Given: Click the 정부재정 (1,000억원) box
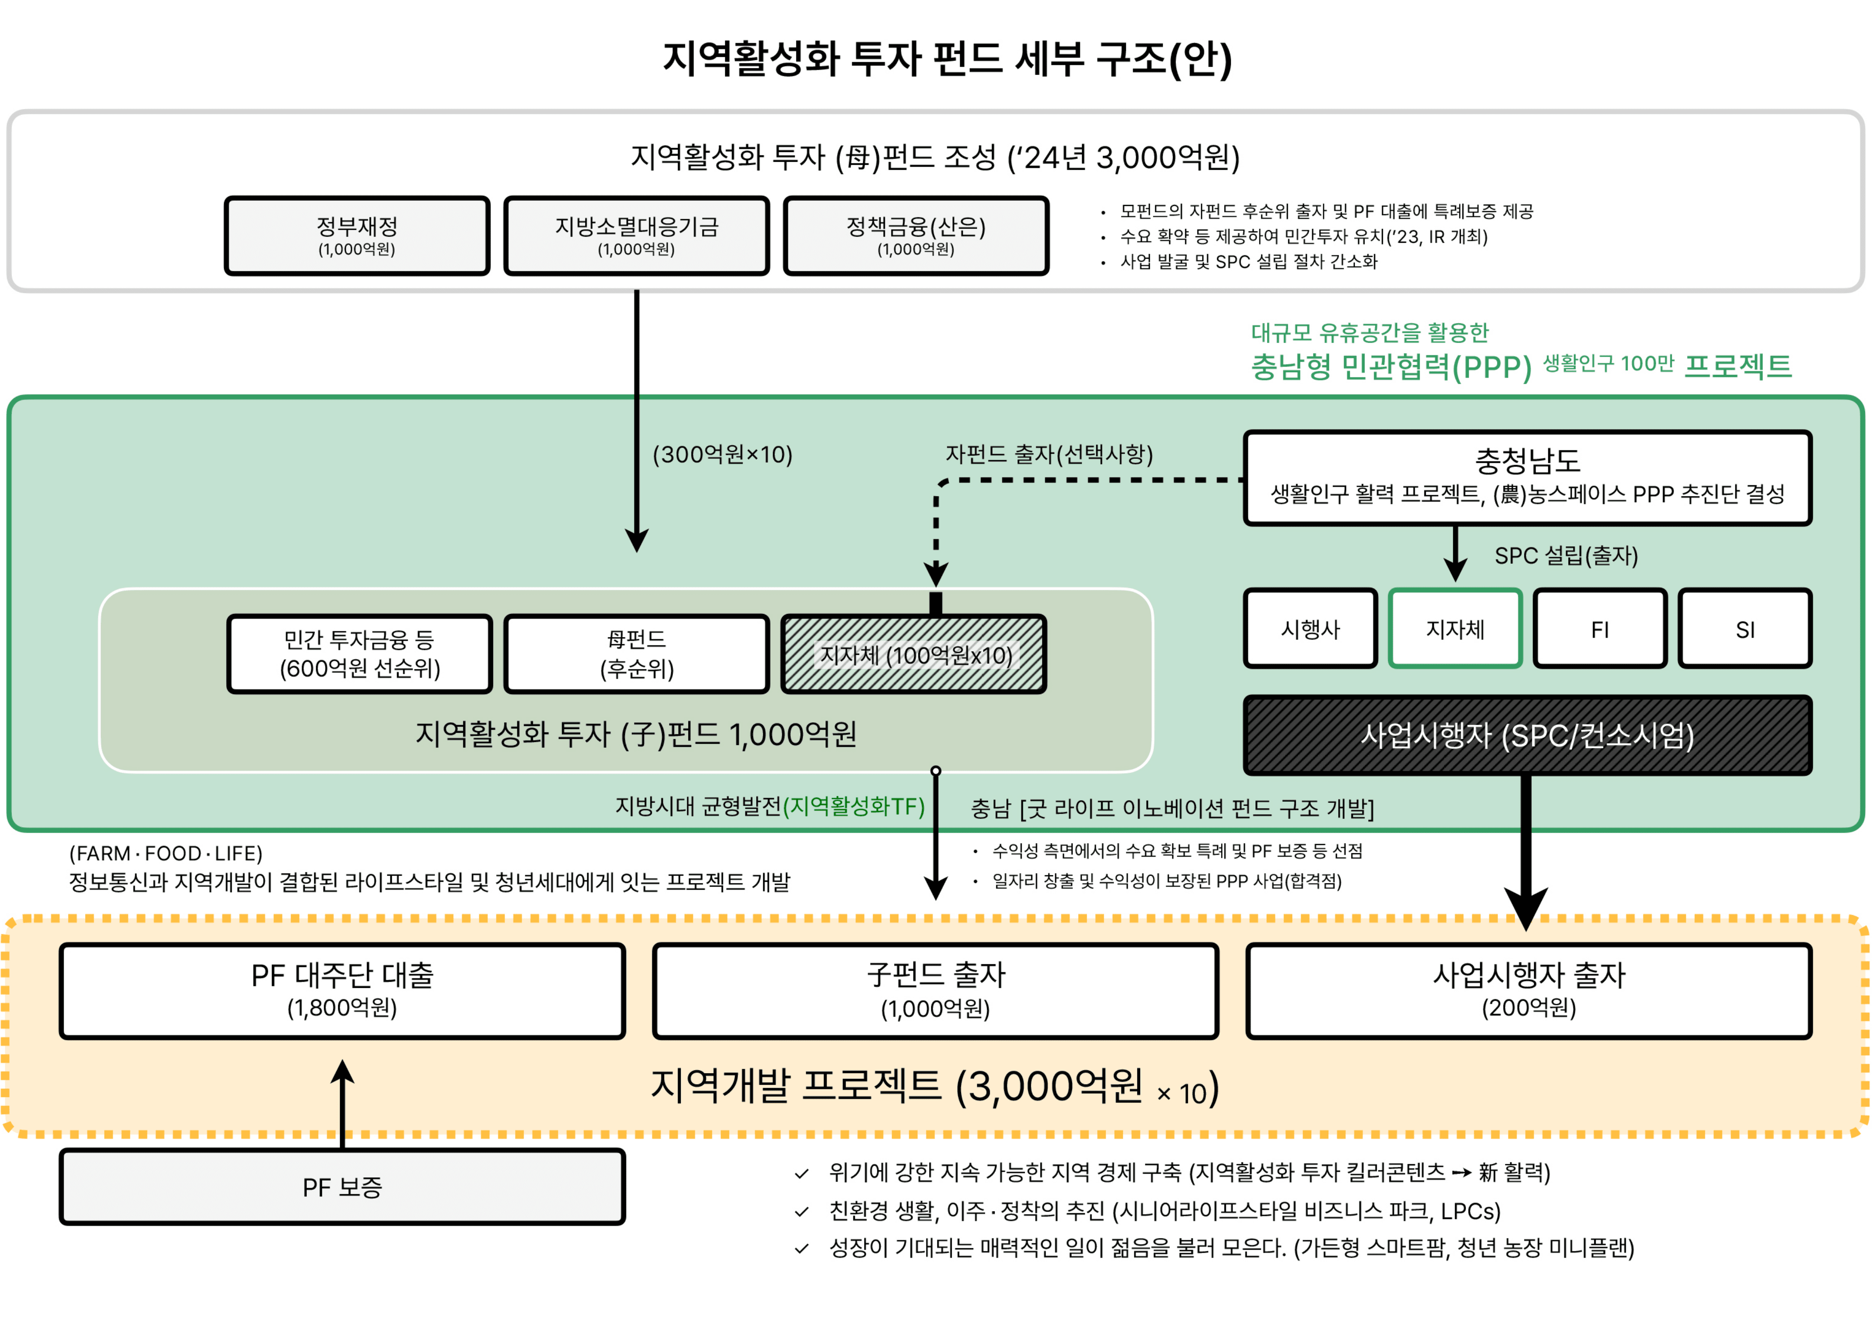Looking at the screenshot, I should coord(357,236).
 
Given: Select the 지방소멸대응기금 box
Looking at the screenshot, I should coord(636,236).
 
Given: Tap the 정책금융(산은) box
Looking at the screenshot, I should coord(916,236).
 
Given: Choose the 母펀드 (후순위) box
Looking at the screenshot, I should coord(636,654).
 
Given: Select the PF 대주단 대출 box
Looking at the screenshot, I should coord(342,991).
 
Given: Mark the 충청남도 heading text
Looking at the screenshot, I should coord(1527,460).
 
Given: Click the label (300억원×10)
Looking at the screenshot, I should coord(722,455).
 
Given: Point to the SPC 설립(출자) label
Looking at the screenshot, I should coord(1565,555).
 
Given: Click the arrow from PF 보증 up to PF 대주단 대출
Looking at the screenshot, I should coord(342,1101).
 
